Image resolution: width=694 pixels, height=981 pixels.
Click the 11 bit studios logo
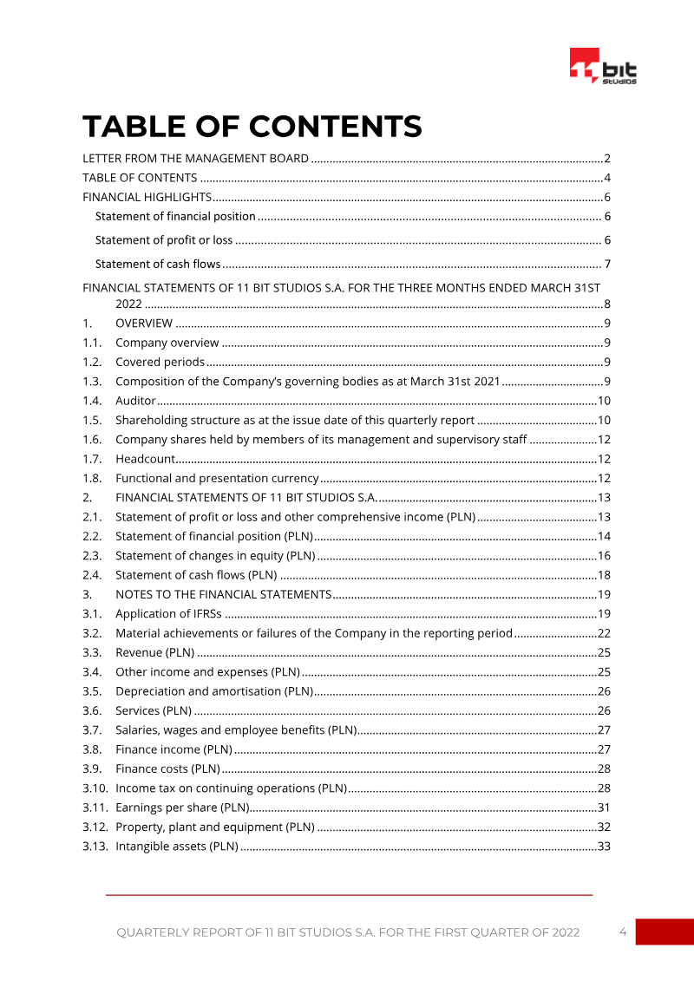tap(604, 67)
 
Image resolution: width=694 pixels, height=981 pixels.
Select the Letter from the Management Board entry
tap(195, 158)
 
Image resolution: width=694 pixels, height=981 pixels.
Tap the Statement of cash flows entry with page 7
tap(158, 264)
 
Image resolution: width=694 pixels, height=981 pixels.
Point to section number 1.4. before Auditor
tap(93, 401)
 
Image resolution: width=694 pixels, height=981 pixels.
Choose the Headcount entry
tap(145, 459)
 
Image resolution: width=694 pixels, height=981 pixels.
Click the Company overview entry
tap(167, 343)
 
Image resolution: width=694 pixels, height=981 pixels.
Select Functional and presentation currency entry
tap(217, 478)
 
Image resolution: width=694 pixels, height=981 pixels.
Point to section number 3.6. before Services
tap(93, 710)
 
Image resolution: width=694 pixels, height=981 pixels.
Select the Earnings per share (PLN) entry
tap(182, 808)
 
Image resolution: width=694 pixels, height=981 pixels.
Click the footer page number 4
tap(623, 932)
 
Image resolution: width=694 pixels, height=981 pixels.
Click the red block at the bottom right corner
tap(665, 932)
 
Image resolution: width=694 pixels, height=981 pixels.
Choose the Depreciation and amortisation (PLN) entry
tap(213, 691)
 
